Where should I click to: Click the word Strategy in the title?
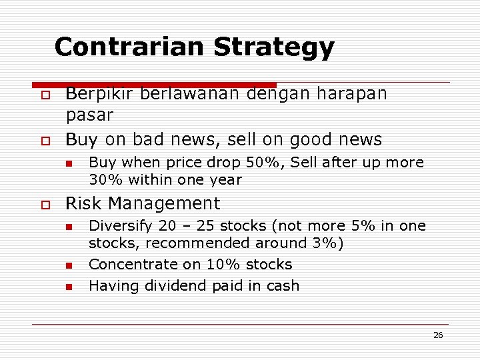(x=274, y=47)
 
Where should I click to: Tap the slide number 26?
(x=438, y=335)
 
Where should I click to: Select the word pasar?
(x=89, y=115)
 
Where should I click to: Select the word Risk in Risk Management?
(x=81, y=203)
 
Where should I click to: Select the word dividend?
(x=175, y=286)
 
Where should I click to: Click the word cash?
(x=281, y=286)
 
